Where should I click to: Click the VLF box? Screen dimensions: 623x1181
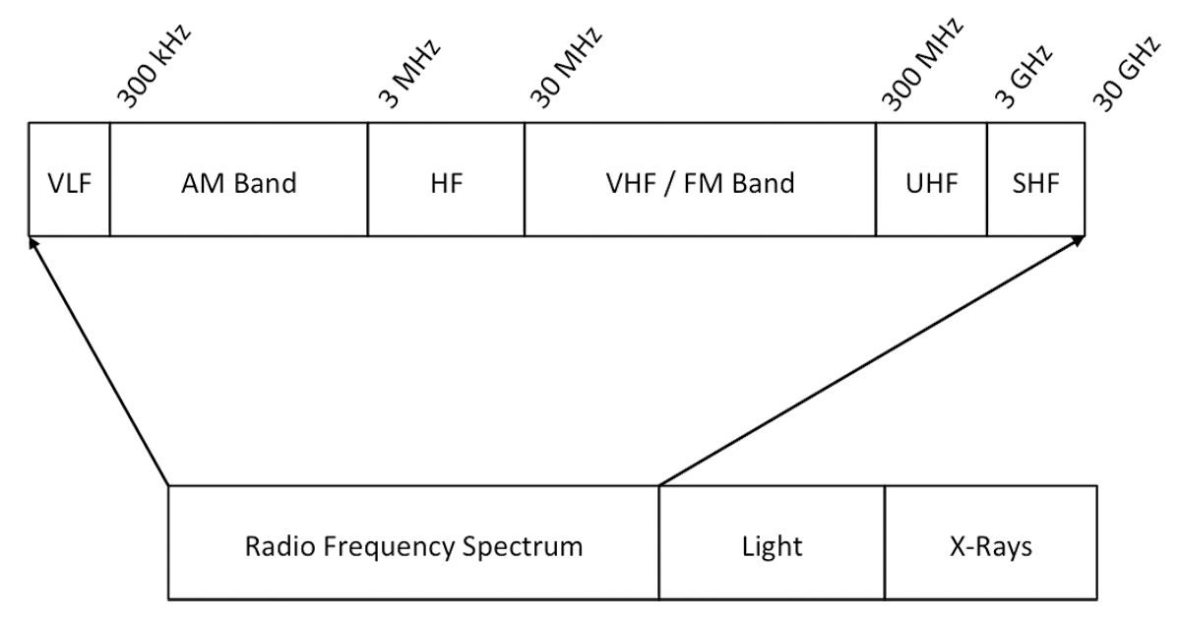(x=69, y=181)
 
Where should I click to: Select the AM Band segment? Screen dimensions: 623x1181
(x=238, y=181)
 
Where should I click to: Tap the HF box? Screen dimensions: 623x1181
(x=446, y=181)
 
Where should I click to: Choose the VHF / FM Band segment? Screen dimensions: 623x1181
(x=700, y=181)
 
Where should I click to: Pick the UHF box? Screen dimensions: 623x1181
(x=930, y=181)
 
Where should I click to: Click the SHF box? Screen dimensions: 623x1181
(x=1035, y=181)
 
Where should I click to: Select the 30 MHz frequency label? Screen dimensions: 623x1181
(x=565, y=70)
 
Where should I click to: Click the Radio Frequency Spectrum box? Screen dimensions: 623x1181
(x=413, y=543)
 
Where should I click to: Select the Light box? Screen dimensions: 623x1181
(x=772, y=543)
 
